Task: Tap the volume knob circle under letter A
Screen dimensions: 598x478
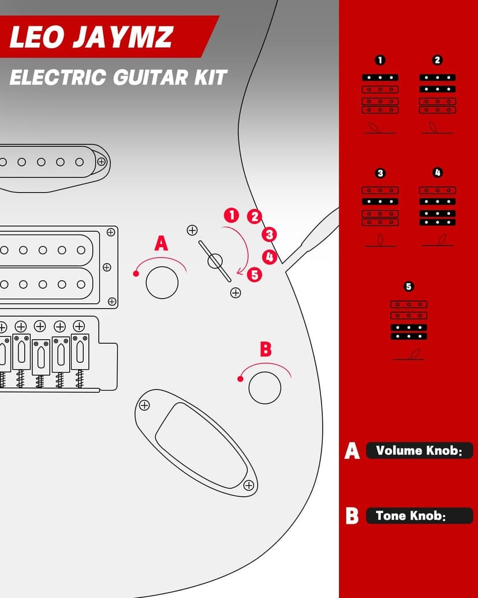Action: click(x=162, y=283)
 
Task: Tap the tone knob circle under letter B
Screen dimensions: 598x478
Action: click(x=265, y=387)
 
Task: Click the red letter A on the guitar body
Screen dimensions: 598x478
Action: click(x=161, y=243)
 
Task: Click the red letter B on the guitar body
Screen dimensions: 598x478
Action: click(x=265, y=349)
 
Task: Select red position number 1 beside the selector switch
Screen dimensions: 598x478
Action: click(x=231, y=216)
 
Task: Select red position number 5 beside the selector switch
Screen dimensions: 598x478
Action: click(x=255, y=274)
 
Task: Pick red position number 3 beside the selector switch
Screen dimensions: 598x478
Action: click(x=269, y=235)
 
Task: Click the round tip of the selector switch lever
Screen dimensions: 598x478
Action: click(x=215, y=261)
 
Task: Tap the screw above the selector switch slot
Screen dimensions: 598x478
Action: click(x=192, y=231)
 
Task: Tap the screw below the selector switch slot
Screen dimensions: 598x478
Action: click(x=236, y=293)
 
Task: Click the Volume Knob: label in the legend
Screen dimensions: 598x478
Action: click(x=419, y=451)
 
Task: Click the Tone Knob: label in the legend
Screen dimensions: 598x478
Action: click(x=411, y=516)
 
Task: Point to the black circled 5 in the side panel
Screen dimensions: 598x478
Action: click(x=409, y=287)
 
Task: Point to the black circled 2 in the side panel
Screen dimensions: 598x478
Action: click(x=437, y=60)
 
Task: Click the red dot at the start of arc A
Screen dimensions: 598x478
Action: click(x=136, y=273)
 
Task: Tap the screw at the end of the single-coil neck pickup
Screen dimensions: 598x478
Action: click(x=102, y=161)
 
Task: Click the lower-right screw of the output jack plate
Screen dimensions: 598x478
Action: click(x=249, y=485)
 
